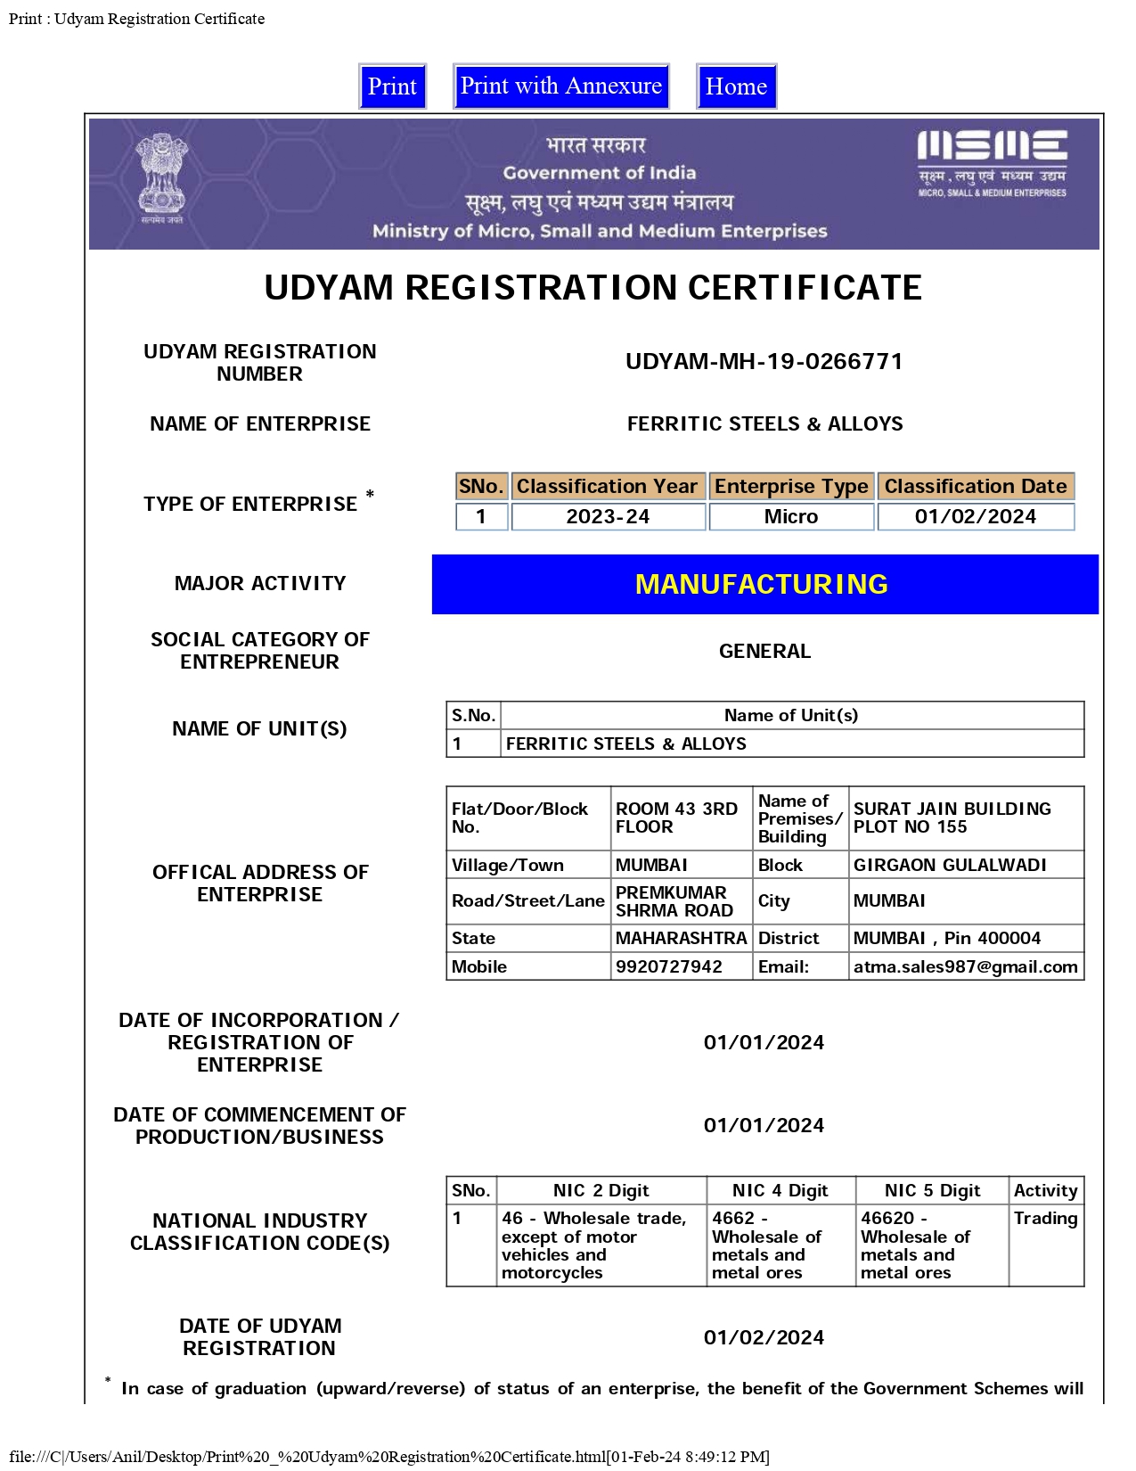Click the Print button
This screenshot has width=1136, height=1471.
click(392, 86)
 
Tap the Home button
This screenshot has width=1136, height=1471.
click(736, 86)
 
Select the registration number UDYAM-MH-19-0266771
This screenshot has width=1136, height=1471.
click(764, 362)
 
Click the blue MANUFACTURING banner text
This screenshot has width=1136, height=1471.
click(762, 584)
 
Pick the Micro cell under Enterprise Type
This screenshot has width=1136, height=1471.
click(791, 517)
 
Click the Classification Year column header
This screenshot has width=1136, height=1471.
click(608, 487)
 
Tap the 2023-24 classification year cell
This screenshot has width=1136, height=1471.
click(608, 517)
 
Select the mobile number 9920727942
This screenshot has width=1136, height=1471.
click(669, 967)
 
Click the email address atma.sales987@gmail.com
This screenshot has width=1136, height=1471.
click(965, 967)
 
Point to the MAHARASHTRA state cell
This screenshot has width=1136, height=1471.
click(681, 939)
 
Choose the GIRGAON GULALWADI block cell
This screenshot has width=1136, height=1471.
click(950, 866)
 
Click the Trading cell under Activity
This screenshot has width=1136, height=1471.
click(1045, 1219)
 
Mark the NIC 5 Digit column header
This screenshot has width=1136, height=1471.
click(932, 1191)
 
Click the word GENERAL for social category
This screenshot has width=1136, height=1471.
click(764, 652)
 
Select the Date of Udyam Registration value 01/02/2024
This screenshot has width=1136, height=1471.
click(764, 1338)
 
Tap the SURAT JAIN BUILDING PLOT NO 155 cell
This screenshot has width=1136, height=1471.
click(952, 818)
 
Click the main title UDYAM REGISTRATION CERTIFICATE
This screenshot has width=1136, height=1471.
click(593, 288)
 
